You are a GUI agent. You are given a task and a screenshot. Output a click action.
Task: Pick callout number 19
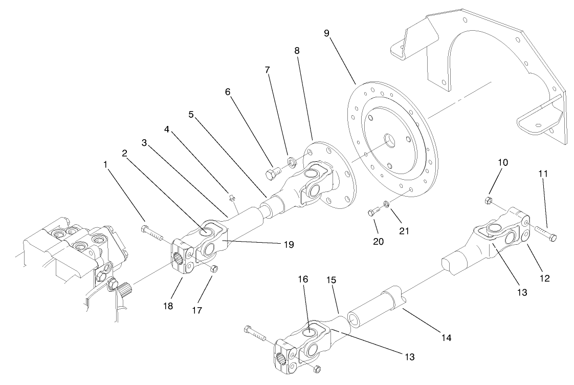click(x=289, y=245)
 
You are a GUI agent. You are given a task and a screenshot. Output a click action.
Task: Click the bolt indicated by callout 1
click(x=152, y=233)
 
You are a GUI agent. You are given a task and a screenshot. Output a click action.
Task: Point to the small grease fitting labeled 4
click(x=231, y=196)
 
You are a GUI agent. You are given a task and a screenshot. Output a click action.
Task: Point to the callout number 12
click(x=544, y=278)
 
